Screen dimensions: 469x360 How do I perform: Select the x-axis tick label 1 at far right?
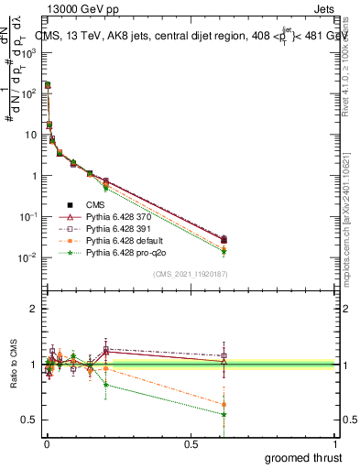coord(336,444)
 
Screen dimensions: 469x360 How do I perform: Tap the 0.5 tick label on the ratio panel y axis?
coord(29,420)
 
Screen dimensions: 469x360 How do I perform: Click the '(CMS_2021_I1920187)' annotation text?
coord(190,274)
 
